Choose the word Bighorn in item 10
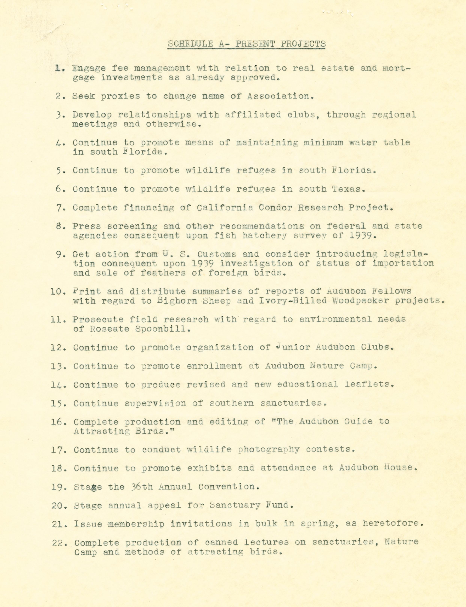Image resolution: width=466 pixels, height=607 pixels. point(174,301)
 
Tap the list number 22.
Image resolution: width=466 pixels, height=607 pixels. point(58,543)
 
